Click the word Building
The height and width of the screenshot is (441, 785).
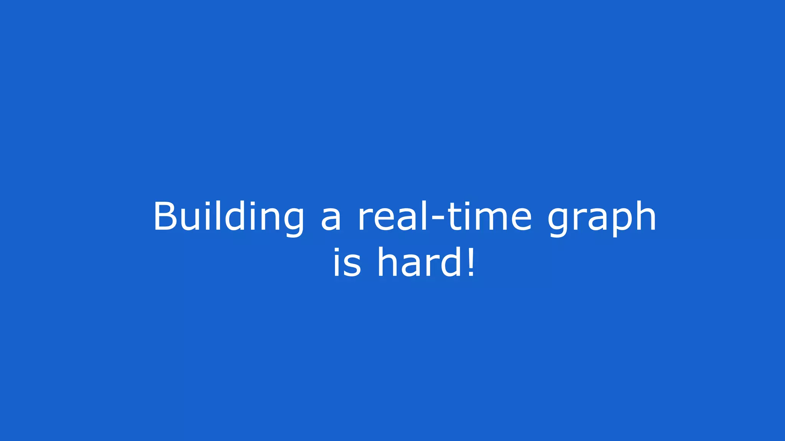click(228, 217)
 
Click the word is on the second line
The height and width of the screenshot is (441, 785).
click(347, 263)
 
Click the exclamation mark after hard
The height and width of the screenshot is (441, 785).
click(471, 263)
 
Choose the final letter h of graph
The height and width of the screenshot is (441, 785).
click(645, 217)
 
